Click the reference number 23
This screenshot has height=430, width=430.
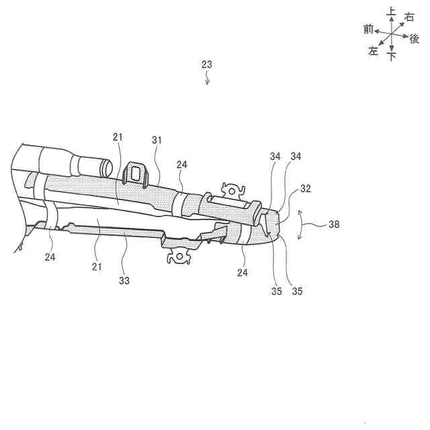[207, 64]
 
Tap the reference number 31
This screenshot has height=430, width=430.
[157, 140]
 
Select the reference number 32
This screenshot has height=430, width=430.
[305, 189]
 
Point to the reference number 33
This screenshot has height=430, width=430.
[125, 280]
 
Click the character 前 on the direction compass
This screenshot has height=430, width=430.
[368, 29]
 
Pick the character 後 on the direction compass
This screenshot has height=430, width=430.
[415, 39]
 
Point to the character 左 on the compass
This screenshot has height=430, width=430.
[374, 51]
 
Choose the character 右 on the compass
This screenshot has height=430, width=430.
[409, 17]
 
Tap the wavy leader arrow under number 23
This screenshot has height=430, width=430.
[208, 79]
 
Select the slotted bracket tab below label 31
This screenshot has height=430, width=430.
[136, 173]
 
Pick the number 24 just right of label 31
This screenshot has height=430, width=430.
[182, 165]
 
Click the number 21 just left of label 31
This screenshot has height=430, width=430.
[118, 137]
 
